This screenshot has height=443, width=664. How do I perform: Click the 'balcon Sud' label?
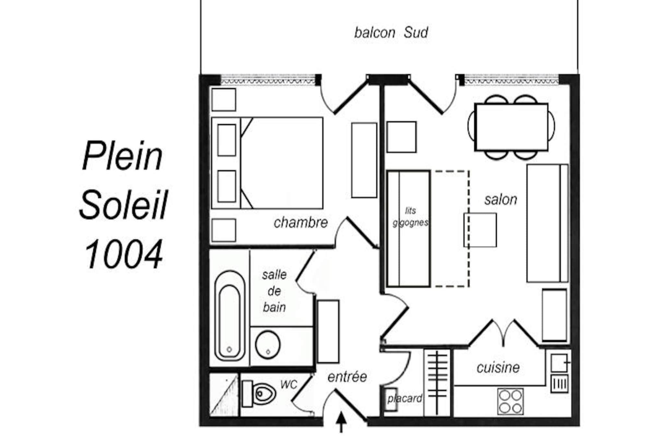391,33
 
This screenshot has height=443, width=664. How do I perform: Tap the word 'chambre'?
301,223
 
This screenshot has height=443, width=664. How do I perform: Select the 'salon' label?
501,200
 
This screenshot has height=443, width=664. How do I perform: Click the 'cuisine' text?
498,368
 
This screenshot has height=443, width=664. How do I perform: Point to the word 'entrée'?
347,377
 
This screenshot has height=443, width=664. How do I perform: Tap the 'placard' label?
405,399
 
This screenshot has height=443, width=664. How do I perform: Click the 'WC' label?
289,385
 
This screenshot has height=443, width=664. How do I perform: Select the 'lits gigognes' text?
410,217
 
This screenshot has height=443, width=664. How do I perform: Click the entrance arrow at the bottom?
341,422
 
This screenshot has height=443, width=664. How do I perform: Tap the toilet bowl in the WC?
259,394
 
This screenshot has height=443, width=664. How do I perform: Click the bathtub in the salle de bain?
230,315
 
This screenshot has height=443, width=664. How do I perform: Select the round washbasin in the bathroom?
268,345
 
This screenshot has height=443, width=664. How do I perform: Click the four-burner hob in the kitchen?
510,401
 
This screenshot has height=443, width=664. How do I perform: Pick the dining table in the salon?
511,127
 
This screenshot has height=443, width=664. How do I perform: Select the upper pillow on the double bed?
227,140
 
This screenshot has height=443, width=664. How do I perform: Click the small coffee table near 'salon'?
480,230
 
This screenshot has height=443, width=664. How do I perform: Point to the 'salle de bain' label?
274,291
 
